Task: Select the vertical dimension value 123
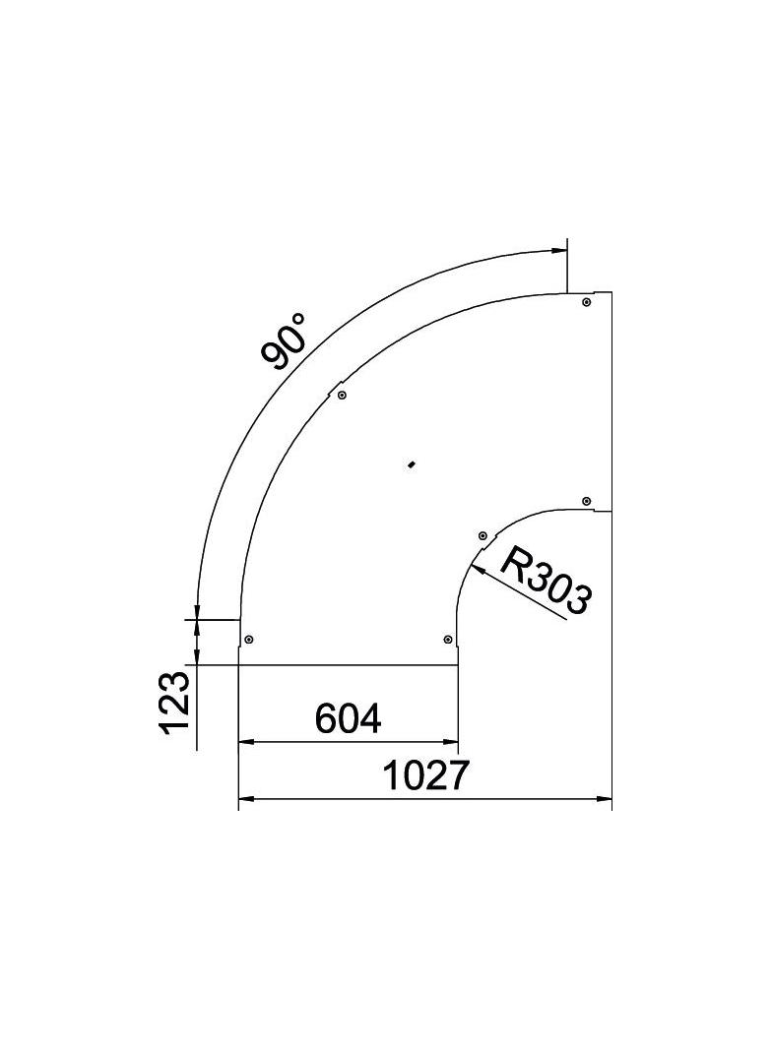(x=174, y=703)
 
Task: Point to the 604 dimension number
(x=348, y=719)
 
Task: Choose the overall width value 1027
(x=424, y=776)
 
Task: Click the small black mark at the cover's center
(x=412, y=463)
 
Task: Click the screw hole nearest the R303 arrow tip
(x=482, y=535)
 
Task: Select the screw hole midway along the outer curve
(x=342, y=395)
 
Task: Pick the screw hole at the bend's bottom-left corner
(x=249, y=639)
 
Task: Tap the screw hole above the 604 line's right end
(x=449, y=639)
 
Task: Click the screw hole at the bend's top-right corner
(x=586, y=302)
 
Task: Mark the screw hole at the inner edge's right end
(x=586, y=501)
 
